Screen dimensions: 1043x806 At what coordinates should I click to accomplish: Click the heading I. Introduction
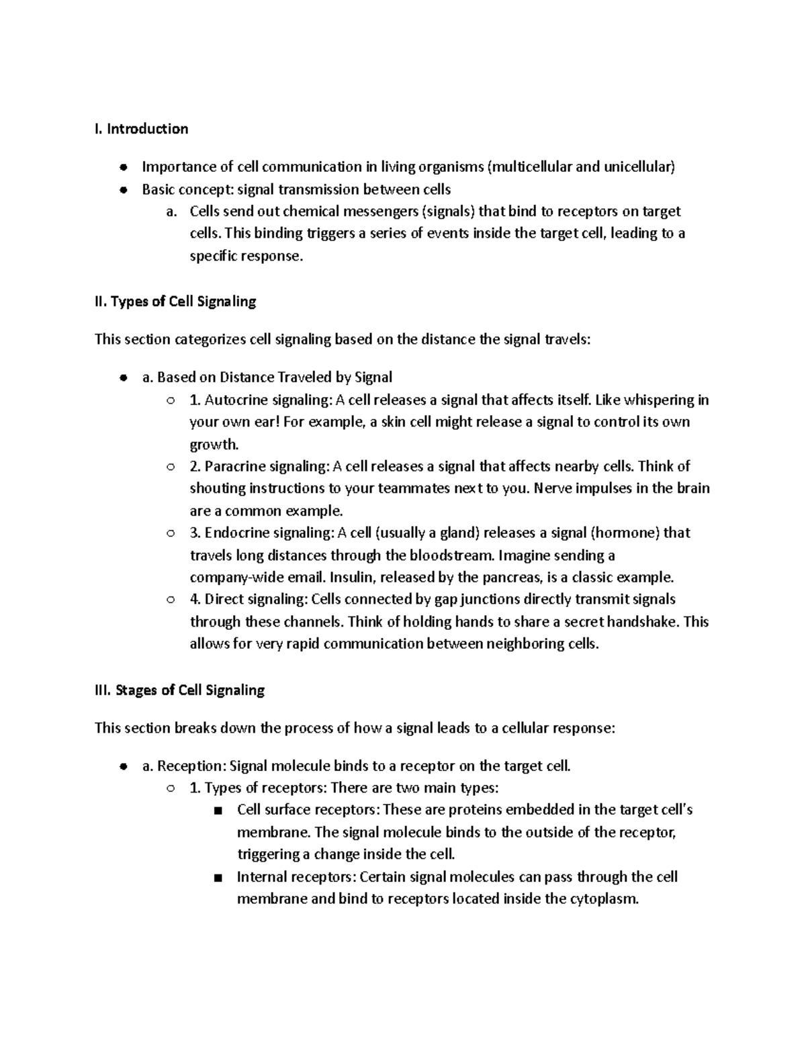click(141, 129)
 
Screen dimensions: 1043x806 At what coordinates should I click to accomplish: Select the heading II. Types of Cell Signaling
click(175, 302)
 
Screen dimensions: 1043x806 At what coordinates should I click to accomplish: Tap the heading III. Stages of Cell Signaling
click(179, 690)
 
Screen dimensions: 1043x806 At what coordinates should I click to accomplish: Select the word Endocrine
click(234, 533)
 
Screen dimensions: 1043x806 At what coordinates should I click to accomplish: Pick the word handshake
click(645, 622)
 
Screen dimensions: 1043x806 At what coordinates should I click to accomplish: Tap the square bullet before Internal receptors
click(216, 878)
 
